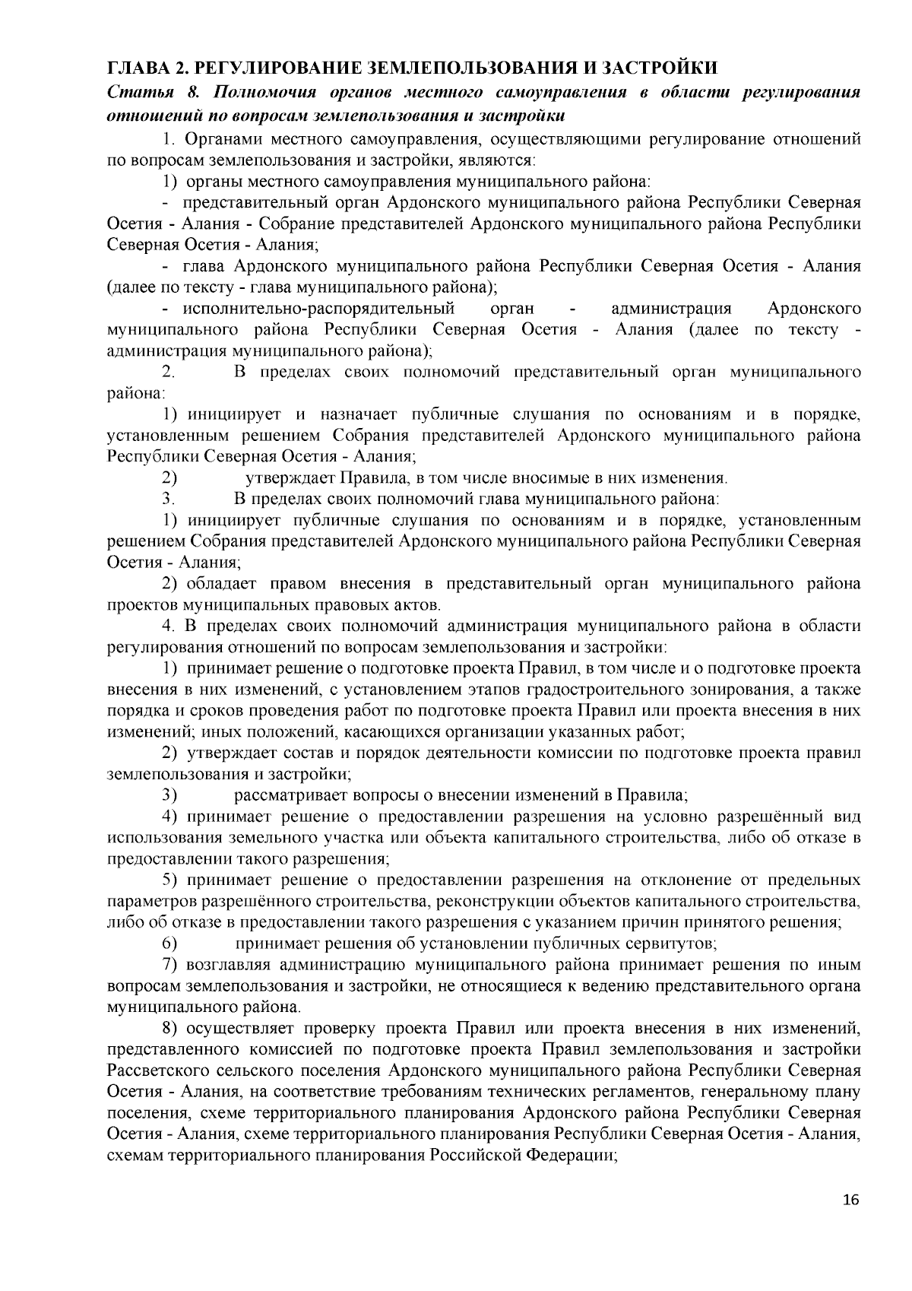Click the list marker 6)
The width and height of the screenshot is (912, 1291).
(x=169, y=944)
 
